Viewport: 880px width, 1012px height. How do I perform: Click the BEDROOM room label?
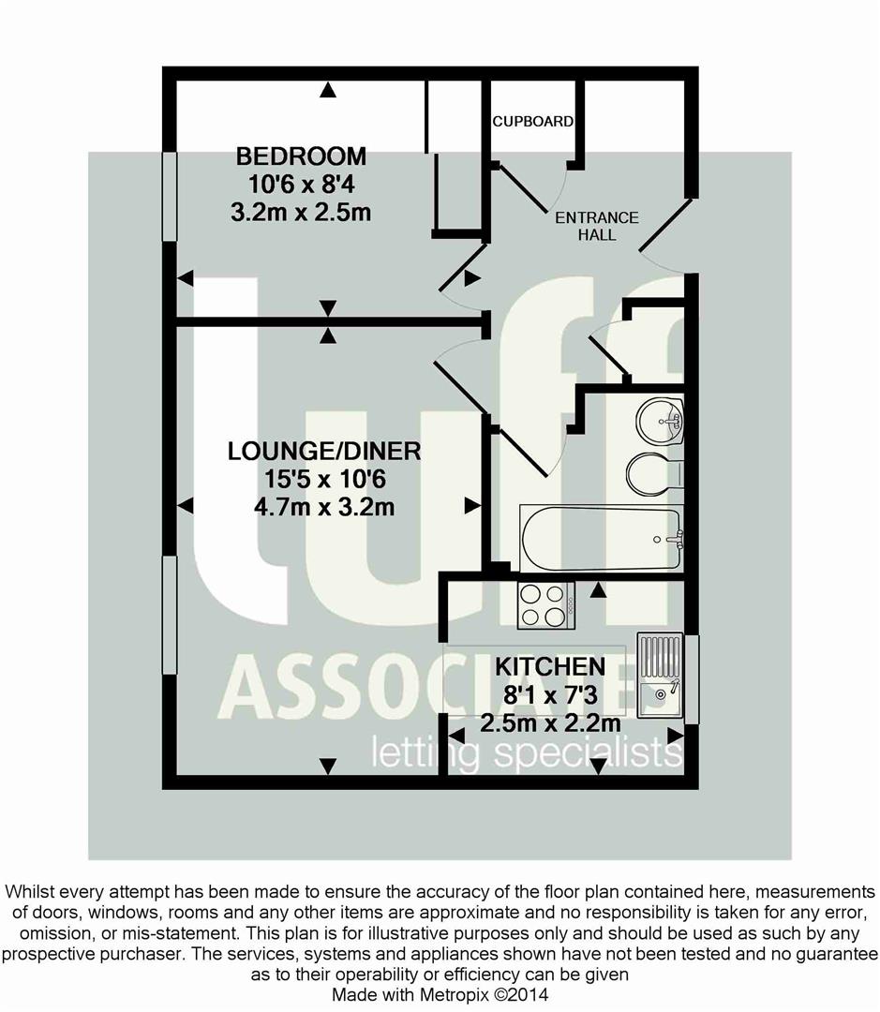coord(300,156)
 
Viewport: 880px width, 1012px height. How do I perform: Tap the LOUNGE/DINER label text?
coord(324,452)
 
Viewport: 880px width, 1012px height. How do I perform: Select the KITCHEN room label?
coord(549,667)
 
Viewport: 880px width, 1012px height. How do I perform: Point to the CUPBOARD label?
coord(533,122)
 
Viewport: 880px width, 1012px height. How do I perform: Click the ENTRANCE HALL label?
coord(597,226)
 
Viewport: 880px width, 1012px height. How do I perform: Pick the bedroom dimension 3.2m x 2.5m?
coord(300,213)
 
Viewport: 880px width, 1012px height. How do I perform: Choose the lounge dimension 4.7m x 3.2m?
coord(324,509)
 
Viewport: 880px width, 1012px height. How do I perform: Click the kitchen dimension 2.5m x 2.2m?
coord(549,723)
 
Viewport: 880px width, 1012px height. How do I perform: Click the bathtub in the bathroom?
coord(601,538)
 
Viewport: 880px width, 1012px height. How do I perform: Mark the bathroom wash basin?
coord(661,421)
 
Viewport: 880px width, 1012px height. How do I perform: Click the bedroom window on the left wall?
coord(170,198)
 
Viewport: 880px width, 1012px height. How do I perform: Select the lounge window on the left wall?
coord(170,614)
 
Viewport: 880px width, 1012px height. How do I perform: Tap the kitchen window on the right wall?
coord(692,679)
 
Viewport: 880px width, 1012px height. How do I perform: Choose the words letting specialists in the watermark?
coord(525,752)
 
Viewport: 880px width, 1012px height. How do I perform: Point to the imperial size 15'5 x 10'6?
coord(324,480)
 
